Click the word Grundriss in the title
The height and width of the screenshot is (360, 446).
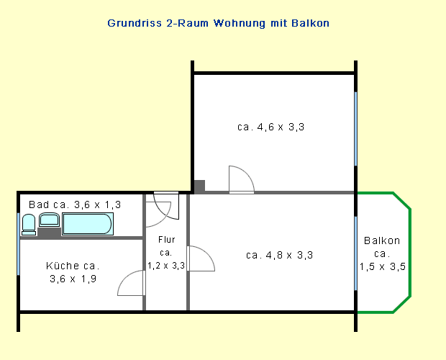coord(135,23)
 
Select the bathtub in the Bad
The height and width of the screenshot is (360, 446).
coord(88,224)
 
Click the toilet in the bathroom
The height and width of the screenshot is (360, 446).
coord(29,225)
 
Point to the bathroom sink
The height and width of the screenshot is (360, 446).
coord(49,220)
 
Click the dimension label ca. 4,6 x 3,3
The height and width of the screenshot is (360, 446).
coord(270,127)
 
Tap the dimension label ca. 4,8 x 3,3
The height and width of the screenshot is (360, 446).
coord(279,255)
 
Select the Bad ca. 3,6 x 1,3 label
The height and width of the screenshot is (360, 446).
coord(75,204)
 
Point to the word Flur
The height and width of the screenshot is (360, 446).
coord(167,240)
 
